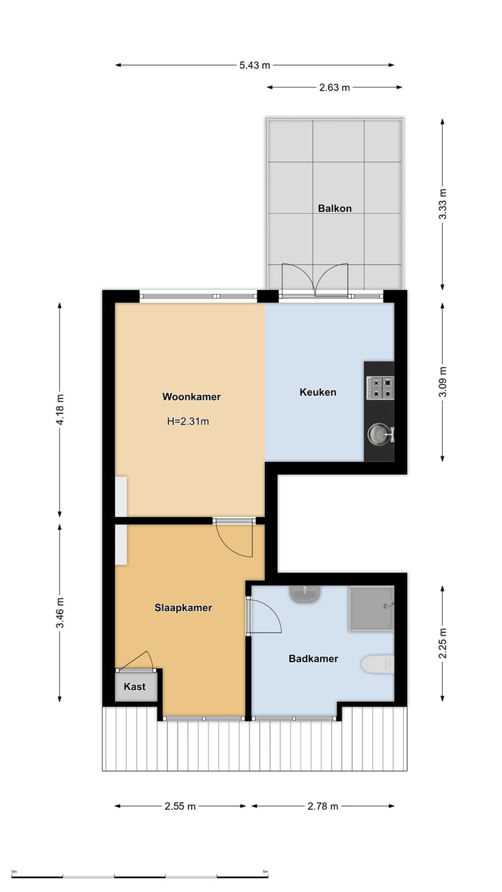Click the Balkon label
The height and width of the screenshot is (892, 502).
pyautogui.click(x=335, y=208)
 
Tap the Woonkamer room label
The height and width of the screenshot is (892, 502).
pyautogui.click(x=191, y=397)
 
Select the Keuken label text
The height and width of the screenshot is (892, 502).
pyautogui.click(x=318, y=392)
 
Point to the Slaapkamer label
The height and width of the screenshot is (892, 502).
pyautogui.click(x=183, y=608)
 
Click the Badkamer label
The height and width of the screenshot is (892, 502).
pyautogui.click(x=313, y=659)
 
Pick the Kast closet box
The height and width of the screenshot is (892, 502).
pyautogui.click(x=135, y=686)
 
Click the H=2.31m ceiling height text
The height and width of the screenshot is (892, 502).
pyautogui.click(x=188, y=421)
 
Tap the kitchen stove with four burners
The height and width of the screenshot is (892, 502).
pyautogui.click(x=380, y=387)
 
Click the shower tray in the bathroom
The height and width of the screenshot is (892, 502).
pyautogui.click(x=371, y=608)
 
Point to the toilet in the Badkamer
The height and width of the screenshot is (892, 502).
pyautogui.click(x=378, y=664)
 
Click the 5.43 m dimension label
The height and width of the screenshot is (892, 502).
pyautogui.click(x=254, y=66)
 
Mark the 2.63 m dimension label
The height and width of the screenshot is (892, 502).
pyautogui.click(x=334, y=88)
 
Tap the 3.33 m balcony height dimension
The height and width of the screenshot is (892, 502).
pyautogui.click(x=442, y=204)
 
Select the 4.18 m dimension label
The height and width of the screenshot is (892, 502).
pyautogui.click(x=59, y=410)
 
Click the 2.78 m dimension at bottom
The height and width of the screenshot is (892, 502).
pyautogui.click(x=323, y=806)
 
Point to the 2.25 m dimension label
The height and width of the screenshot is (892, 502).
pyautogui.click(x=442, y=643)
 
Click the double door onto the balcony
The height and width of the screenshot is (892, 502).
pyautogui.click(x=314, y=280)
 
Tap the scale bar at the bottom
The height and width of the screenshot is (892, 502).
pyautogui.click(x=139, y=877)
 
